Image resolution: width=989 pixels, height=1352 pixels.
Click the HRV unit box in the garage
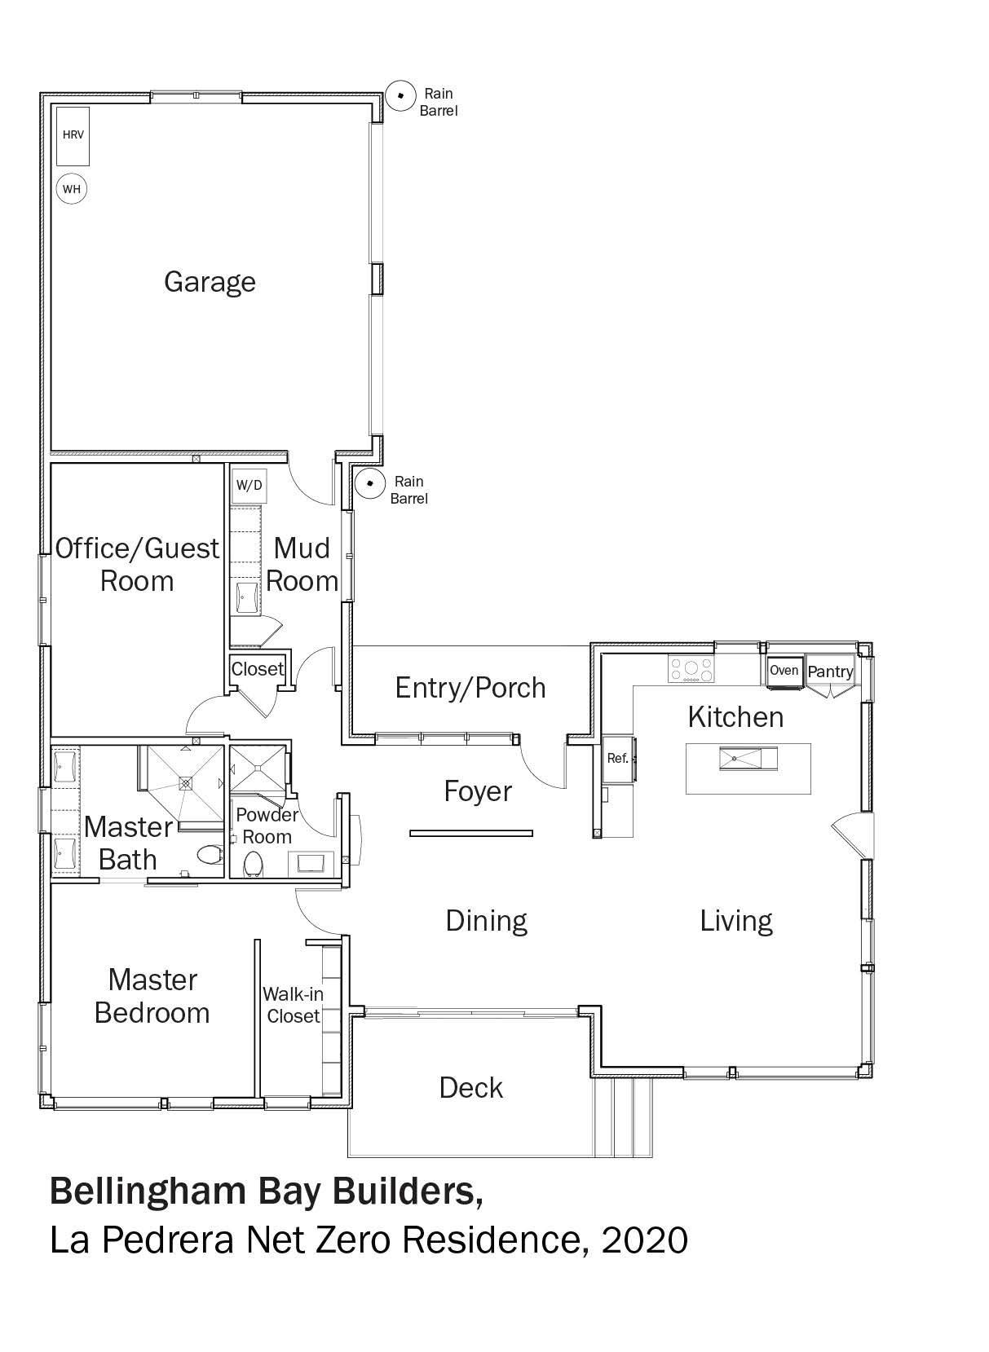point(73,136)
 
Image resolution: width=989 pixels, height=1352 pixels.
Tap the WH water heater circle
point(72,189)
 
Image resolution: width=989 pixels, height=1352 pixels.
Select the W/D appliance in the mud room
point(249,485)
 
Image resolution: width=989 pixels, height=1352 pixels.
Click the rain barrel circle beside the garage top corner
point(400,96)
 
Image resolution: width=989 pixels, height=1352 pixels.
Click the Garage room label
point(210,283)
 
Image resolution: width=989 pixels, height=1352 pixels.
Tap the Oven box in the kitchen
point(784,672)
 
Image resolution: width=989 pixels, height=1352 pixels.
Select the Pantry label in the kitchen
point(830,672)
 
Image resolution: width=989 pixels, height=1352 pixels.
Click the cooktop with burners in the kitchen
point(691,670)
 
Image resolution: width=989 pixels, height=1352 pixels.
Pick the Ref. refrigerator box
point(618,759)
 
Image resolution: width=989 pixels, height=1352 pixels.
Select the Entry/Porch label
point(470,688)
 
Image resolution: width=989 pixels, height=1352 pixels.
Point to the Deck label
point(471,1088)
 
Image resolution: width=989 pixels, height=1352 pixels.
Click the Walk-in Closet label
point(294,1005)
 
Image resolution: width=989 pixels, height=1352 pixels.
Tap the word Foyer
point(478,792)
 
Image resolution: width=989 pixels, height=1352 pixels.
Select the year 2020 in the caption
point(644,1241)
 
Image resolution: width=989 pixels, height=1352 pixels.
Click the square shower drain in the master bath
point(186,783)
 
